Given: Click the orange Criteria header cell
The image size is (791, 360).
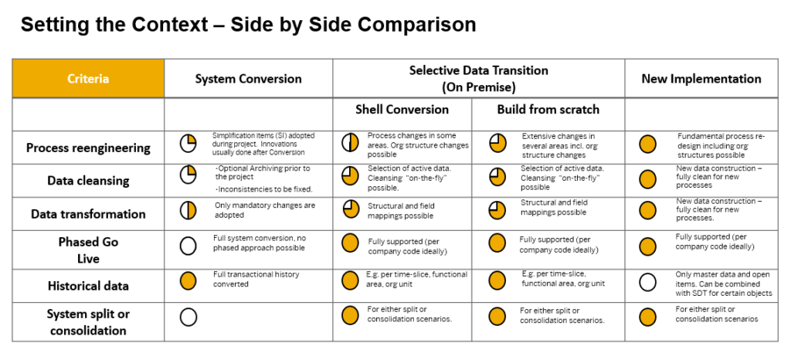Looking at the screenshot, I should [88, 79].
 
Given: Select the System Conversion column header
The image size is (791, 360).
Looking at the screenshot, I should [248, 79].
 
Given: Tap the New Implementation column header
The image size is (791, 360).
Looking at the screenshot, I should [701, 79].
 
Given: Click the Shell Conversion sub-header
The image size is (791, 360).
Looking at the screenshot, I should [402, 109].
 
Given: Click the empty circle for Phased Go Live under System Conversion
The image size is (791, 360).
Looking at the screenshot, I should [188, 246].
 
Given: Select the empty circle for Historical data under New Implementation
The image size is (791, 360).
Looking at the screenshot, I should [648, 282].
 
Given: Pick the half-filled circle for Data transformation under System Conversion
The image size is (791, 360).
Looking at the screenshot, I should [188, 211].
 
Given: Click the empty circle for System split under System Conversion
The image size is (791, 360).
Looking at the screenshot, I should [188, 317].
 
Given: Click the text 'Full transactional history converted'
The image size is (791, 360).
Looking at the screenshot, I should [256, 279].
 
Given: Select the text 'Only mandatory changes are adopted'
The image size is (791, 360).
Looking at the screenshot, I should [264, 209].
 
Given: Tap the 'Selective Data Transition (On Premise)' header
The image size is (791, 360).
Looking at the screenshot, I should [478, 78].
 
